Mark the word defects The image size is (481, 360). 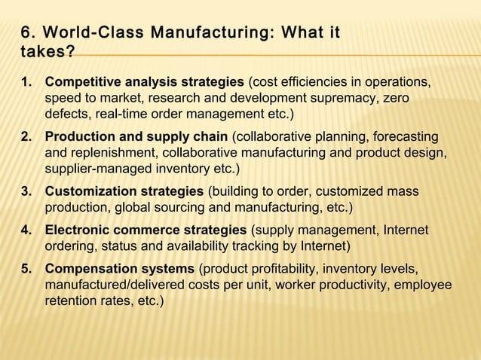point(67,114)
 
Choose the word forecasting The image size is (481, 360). point(400,136)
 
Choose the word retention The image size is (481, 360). point(75,301)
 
